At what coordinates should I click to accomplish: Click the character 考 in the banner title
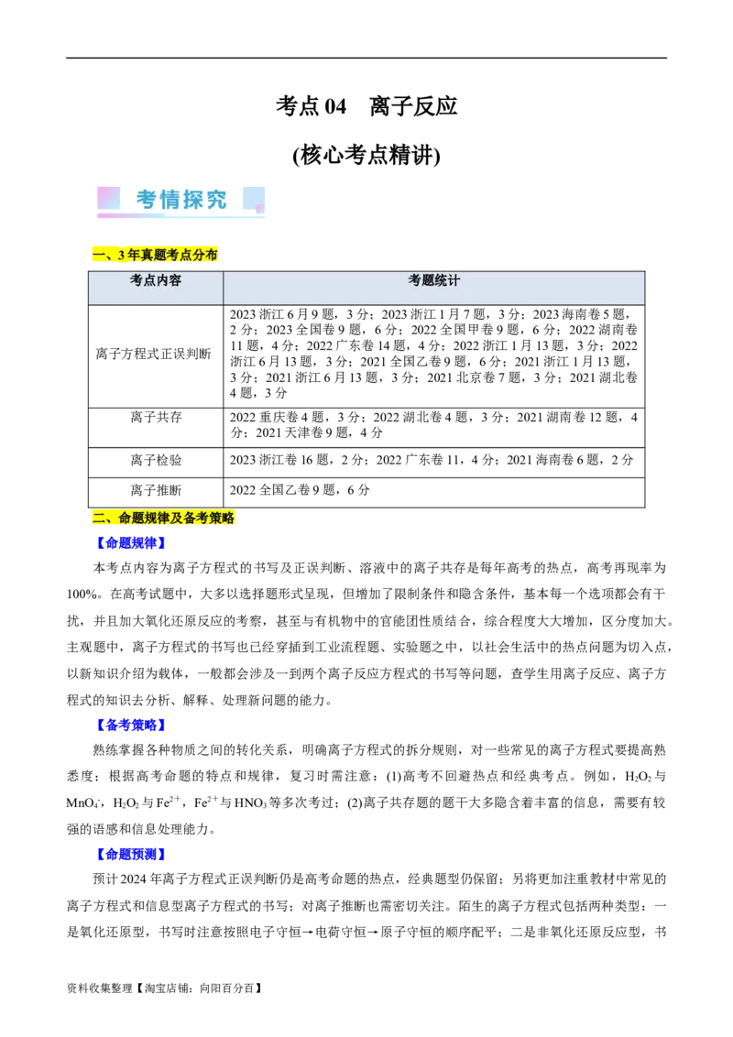click(147, 200)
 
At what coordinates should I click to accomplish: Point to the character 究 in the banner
click(217, 200)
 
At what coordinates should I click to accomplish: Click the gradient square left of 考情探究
click(108, 198)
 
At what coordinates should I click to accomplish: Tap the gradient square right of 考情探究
click(254, 200)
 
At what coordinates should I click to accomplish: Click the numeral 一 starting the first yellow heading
click(98, 254)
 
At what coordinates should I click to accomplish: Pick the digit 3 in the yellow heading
click(122, 254)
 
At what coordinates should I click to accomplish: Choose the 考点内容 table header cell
click(156, 281)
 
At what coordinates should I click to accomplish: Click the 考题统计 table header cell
click(433, 281)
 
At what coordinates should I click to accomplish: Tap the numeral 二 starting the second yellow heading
click(98, 518)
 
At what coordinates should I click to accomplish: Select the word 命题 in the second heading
click(131, 518)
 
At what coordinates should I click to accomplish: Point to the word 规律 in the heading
click(158, 518)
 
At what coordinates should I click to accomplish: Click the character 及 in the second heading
click(177, 518)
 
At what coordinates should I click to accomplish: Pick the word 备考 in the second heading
click(196, 518)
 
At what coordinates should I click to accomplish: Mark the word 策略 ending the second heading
click(223, 518)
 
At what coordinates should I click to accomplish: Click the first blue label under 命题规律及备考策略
click(131, 542)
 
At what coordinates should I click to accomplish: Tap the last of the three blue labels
click(131, 854)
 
